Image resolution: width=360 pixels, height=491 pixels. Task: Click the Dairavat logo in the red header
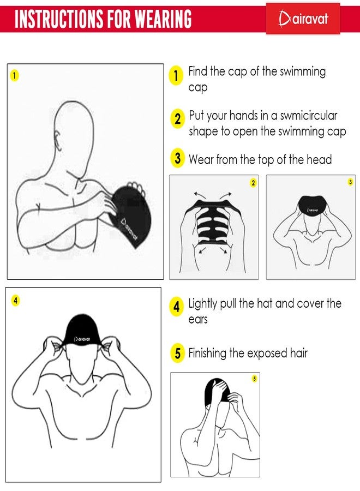(x=303, y=19)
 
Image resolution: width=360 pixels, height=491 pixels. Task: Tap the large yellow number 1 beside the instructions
(x=176, y=75)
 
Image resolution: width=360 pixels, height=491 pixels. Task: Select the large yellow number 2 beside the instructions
(x=177, y=118)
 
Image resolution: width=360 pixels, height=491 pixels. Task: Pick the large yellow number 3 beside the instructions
(x=177, y=158)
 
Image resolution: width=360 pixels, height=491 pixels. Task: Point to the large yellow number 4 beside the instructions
(x=177, y=306)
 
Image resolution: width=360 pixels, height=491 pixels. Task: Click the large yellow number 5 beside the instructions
(x=177, y=353)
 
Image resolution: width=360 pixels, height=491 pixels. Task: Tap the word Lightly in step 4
(x=202, y=304)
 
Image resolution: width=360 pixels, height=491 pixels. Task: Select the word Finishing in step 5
(x=207, y=354)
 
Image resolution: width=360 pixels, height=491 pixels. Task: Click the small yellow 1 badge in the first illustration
(x=14, y=75)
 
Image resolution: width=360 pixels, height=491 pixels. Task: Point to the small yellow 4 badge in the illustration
(x=16, y=301)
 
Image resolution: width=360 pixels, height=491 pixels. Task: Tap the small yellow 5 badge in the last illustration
(x=255, y=379)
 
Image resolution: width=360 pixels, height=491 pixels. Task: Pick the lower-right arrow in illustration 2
(x=224, y=250)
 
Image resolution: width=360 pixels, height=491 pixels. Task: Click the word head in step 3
(x=319, y=159)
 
